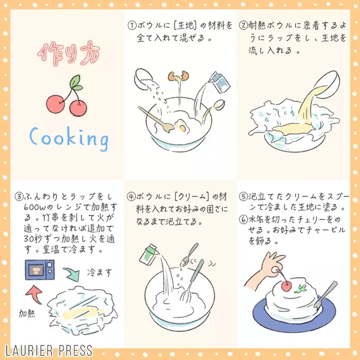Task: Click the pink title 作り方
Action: click(x=68, y=54)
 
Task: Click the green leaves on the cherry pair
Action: click(x=76, y=83)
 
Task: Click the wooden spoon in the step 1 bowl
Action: click(x=156, y=120)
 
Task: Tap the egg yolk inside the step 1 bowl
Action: click(x=182, y=128)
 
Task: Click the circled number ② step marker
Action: click(x=243, y=25)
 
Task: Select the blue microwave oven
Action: click(x=40, y=269)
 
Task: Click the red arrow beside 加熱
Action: click(x=35, y=294)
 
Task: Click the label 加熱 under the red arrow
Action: click(x=27, y=313)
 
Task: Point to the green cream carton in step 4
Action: click(x=149, y=254)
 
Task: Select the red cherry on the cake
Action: click(x=286, y=286)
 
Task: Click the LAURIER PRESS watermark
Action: click(x=49, y=350)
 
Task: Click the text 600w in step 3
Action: click(x=33, y=208)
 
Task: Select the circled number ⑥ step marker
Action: click(x=243, y=220)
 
